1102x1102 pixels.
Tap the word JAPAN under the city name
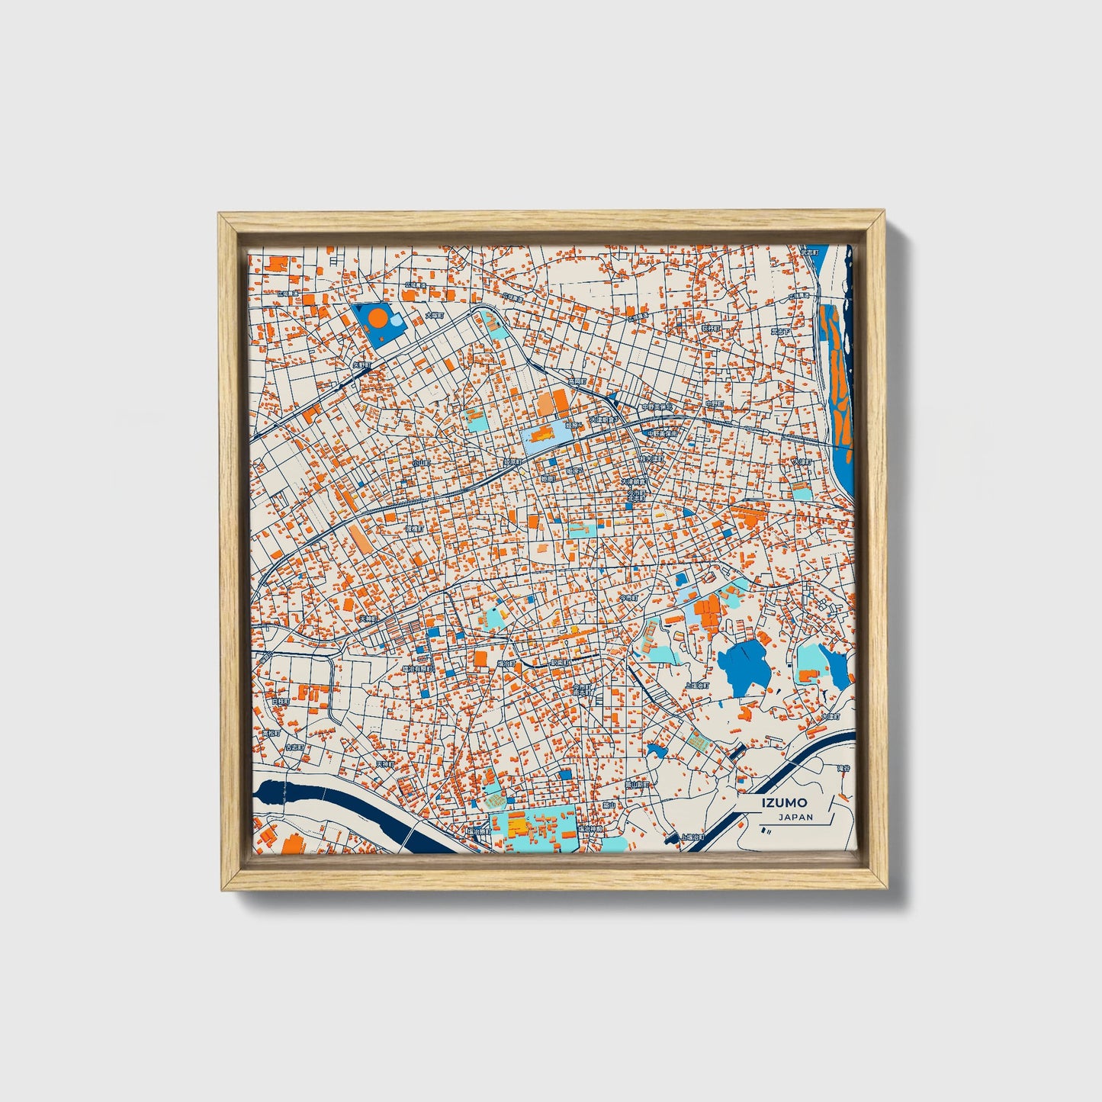pyautogui.click(x=795, y=817)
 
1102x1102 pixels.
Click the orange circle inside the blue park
pyautogui.click(x=378, y=317)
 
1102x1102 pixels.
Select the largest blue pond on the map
pyautogui.click(x=742, y=665)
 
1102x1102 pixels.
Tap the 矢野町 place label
pyautogui.click(x=361, y=365)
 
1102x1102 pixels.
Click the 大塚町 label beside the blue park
pyautogui.click(x=434, y=314)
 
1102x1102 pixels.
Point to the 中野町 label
pyautogui.click(x=714, y=403)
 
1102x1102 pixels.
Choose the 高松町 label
pyautogui.click(x=272, y=733)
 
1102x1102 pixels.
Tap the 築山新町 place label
pyautogui.click(x=637, y=784)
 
